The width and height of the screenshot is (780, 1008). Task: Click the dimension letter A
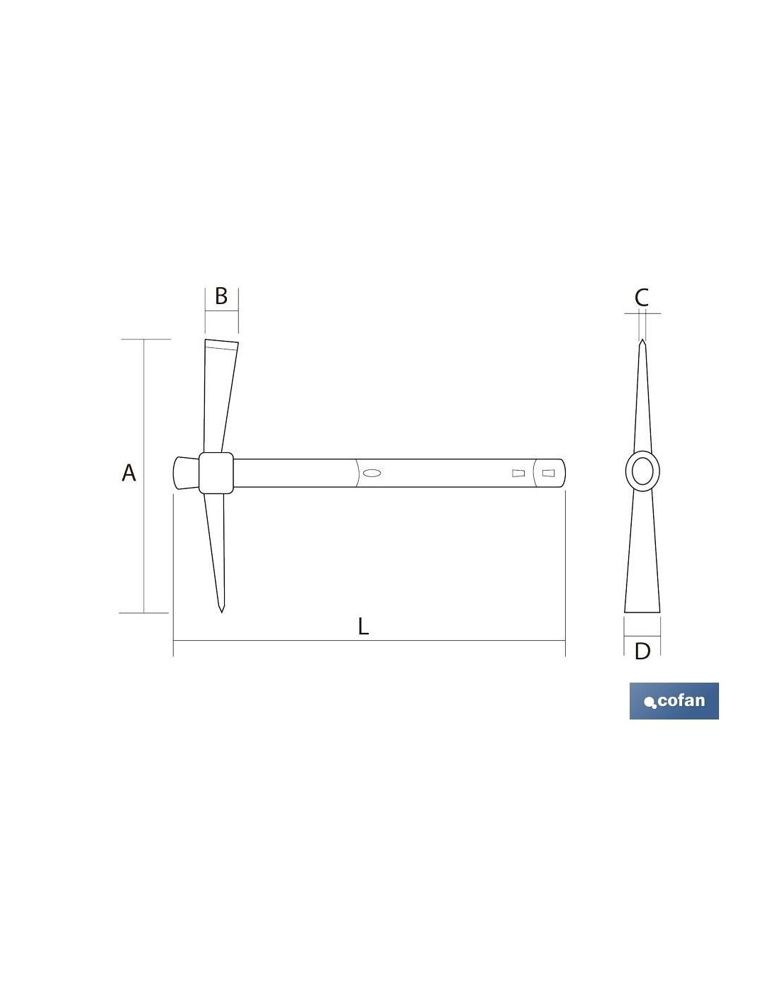coord(128,473)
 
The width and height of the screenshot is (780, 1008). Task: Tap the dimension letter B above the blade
coord(221,296)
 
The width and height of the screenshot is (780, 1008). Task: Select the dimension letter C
coord(641,297)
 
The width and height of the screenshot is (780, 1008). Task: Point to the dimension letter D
coord(642,651)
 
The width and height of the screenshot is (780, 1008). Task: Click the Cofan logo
coord(674,701)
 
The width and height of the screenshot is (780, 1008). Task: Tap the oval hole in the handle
coord(372,473)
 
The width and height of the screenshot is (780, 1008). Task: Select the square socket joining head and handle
coord(216,473)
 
